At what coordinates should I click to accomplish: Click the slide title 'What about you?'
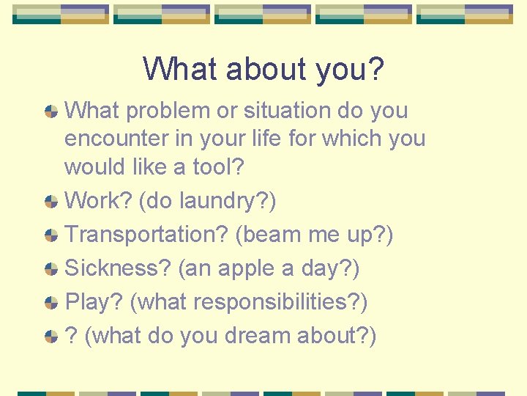tap(263, 69)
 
